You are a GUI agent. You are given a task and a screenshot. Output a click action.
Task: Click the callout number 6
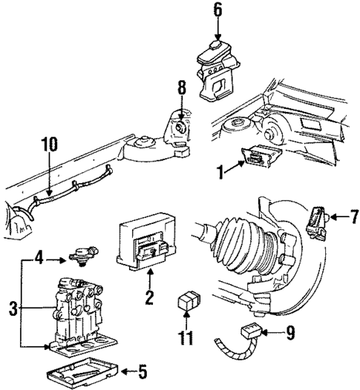(x=217, y=10)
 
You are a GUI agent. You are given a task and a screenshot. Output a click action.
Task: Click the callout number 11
(x=186, y=338)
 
